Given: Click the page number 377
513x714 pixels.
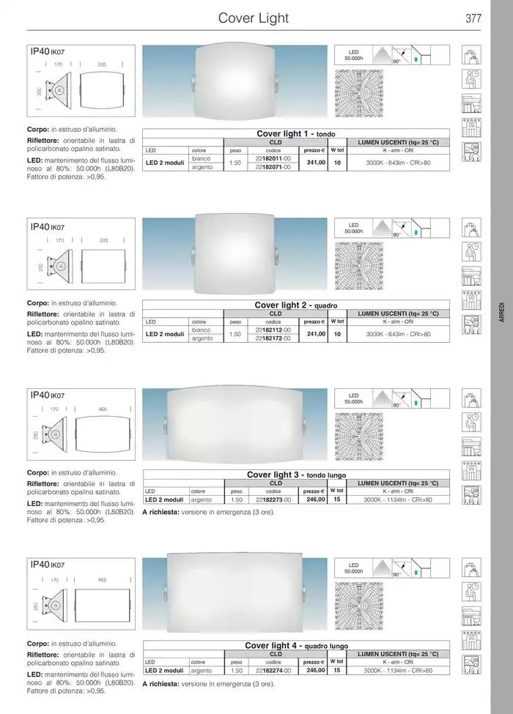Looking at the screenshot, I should coord(473,18).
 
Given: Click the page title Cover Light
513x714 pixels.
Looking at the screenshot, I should coord(254,18).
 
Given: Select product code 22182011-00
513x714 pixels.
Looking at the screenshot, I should coord(273,158).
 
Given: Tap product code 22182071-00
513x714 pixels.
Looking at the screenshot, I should coord(273,167).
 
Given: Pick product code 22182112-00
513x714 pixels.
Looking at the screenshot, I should coord(273,330).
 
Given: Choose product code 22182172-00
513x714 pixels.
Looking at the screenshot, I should coord(273,339).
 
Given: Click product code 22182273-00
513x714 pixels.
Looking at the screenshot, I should coord(273,499).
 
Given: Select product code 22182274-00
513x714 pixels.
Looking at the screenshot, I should coord(273,670).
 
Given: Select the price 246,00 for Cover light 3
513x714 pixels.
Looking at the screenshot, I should coord(316,499).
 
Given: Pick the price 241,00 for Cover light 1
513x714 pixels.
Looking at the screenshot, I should coord(316,163).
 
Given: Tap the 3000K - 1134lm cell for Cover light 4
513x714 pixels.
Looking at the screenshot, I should coord(398,670).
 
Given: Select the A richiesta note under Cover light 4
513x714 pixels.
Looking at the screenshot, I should coord(209,683).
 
